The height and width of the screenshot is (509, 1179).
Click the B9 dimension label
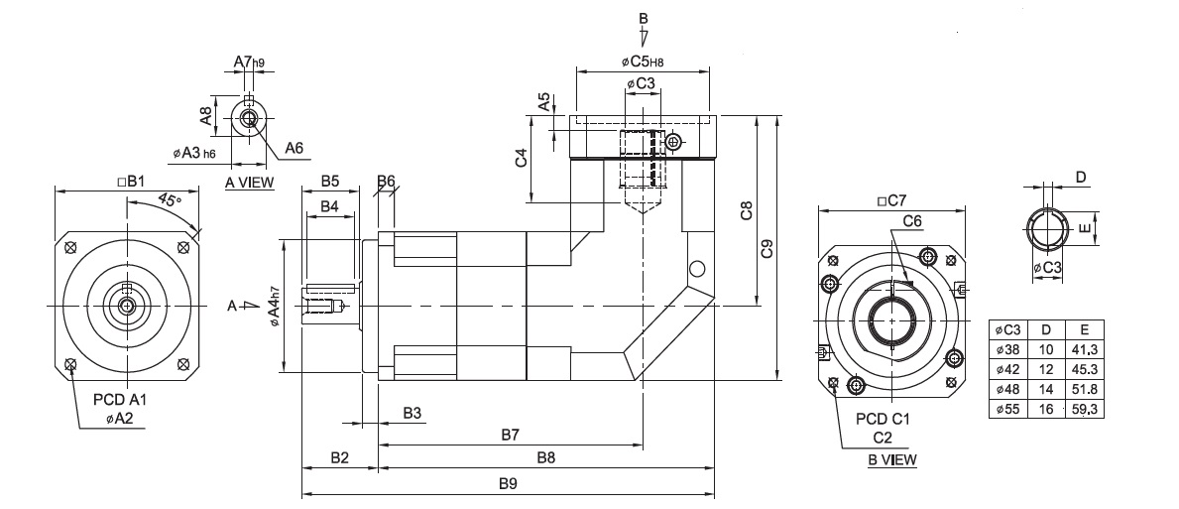pos(509,485)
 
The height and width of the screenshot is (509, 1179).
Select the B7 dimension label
pos(511,435)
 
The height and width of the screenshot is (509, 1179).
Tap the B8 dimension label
pos(546,457)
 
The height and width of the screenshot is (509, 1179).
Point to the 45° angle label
pos(170,200)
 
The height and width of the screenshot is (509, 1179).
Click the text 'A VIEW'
pos(250,182)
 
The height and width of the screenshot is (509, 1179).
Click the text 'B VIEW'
pos(891,460)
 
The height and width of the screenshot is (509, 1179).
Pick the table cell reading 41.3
pos(1084,349)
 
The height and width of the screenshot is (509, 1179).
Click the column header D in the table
pos(1046,329)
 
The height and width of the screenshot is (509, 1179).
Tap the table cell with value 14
pos(1046,390)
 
